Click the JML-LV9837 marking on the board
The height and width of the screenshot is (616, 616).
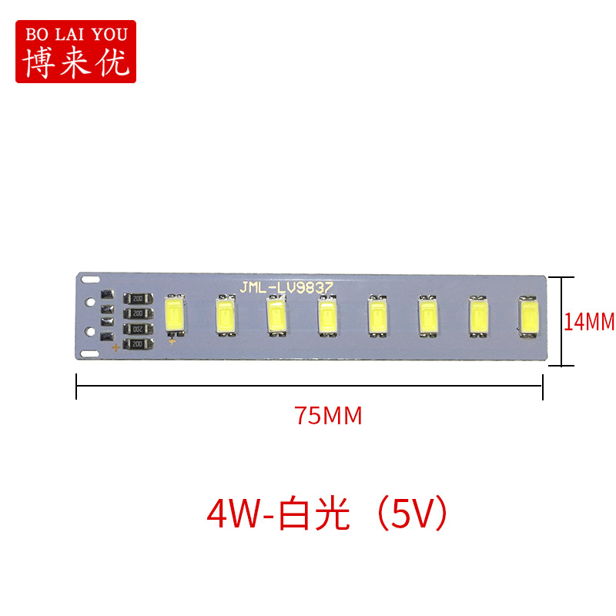pos(286,287)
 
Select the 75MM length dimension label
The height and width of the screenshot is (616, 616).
pos(327,416)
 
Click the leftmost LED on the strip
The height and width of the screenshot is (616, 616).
pos(175,315)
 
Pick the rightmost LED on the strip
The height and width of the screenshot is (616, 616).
pos(529,316)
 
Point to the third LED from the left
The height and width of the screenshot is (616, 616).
pos(276,316)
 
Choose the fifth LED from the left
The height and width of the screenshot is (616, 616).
pos(377,316)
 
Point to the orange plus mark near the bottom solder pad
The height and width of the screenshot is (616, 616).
pos(116,349)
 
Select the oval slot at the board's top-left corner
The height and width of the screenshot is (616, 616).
pos(92,276)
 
